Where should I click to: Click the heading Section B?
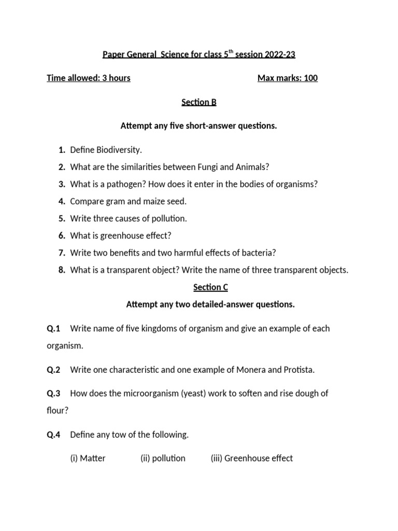click(199, 102)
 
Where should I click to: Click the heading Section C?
click(210, 287)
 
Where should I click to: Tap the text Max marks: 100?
click(288, 78)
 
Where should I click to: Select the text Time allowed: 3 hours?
click(89, 78)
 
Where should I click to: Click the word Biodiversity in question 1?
click(119, 150)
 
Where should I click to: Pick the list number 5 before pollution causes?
click(61, 218)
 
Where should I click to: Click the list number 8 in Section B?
click(61, 270)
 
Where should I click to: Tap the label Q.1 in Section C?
click(54, 328)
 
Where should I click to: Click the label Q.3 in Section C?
click(54, 393)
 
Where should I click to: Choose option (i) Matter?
click(88, 458)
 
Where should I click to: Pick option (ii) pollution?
click(163, 458)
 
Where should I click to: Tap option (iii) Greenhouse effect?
click(252, 458)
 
